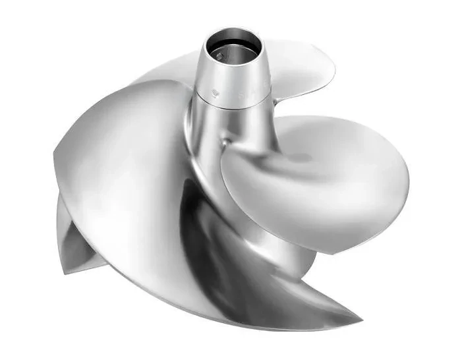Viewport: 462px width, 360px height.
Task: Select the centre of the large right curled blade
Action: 316,178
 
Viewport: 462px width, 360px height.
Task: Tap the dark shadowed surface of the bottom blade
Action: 217,264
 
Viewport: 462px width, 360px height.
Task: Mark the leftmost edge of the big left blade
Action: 53,158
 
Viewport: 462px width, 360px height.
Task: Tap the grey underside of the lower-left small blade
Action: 79,237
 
